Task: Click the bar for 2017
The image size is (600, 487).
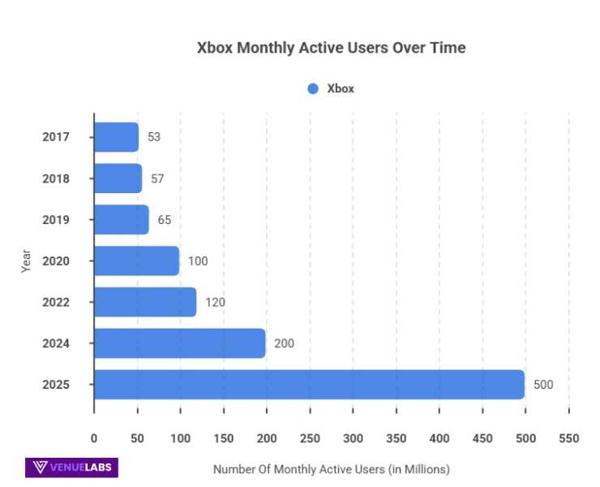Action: pyautogui.click(x=116, y=137)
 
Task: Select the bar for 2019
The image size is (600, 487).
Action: pyautogui.click(x=122, y=220)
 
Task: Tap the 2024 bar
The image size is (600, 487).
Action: pyautogui.click(x=180, y=343)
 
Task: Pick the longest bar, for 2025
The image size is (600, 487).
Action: pyautogui.click(x=309, y=385)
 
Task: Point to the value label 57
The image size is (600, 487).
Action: pyautogui.click(x=157, y=179)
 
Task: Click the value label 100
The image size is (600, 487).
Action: pyautogui.click(x=198, y=261)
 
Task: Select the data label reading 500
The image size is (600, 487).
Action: pyautogui.click(x=543, y=385)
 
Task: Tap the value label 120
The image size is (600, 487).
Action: pyautogui.click(x=215, y=303)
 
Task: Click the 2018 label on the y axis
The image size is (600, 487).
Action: pyautogui.click(x=56, y=179)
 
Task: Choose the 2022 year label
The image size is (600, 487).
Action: pyautogui.click(x=56, y=303)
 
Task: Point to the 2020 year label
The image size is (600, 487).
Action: pyautogui.click(x=56, y=261)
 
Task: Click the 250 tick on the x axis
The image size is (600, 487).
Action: pyautogui.click(x=310, y=438)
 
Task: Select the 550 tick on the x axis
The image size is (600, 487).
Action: pyautogui.click(x=569, y=438)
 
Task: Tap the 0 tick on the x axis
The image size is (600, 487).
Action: pyautogui.click(x=94, y=438)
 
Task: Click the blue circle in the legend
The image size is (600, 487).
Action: pyautogui.click(x=313, y=88)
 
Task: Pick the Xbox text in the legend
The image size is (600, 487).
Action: pyautogui.click(x=341, y=88)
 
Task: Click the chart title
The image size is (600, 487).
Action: pyautogui.click(x=332, y=48)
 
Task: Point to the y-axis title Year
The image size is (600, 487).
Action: pyautogui.click(x=26, y=260)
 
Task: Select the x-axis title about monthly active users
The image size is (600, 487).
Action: pyautogui.click(x=331, y=469)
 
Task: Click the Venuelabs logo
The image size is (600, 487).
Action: pyautogui.click(x=71, y=468)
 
